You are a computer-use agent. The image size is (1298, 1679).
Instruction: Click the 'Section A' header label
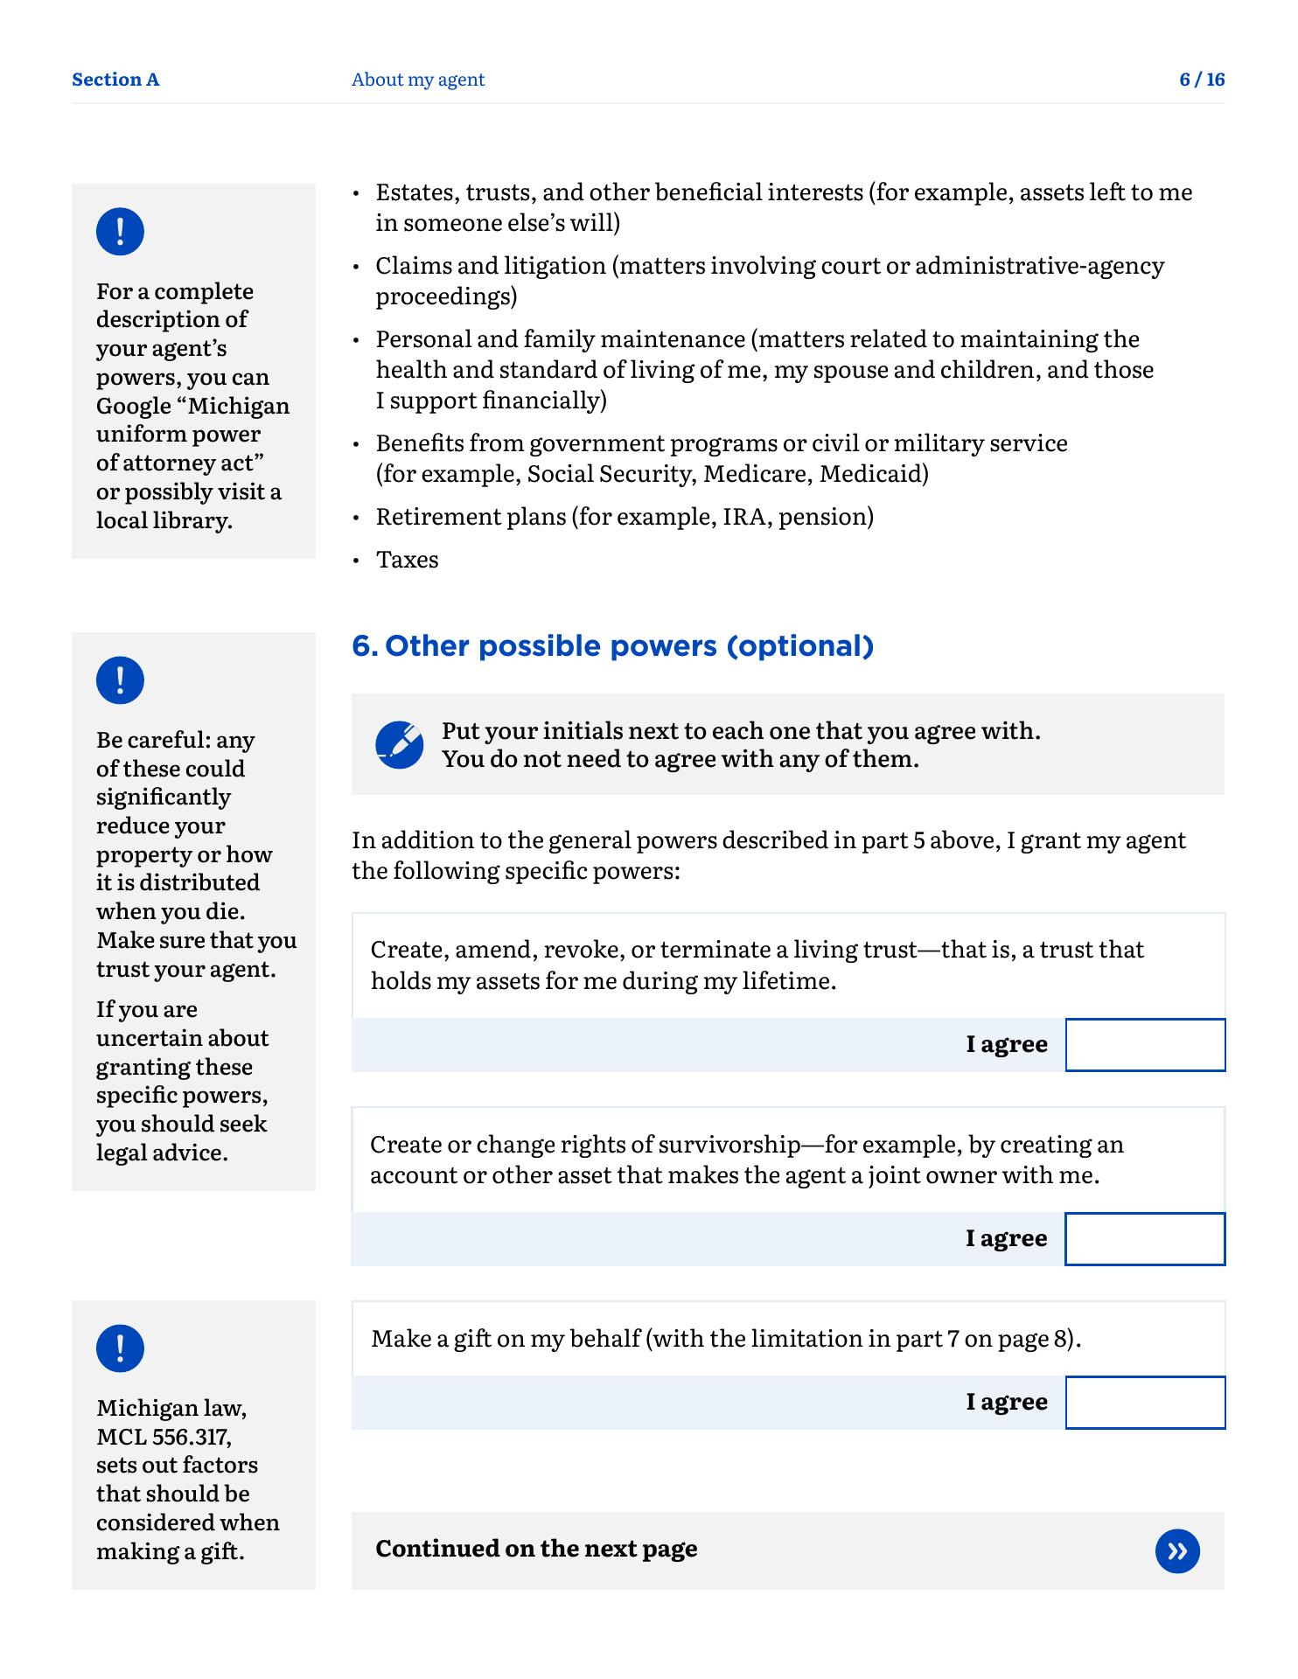115,80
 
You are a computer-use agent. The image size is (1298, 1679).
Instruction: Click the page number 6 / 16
1202,80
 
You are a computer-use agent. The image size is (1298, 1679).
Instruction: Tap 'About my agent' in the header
417,80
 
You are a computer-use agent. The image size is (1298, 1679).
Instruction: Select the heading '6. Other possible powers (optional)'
612,646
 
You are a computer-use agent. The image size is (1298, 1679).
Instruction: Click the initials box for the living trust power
1145,1045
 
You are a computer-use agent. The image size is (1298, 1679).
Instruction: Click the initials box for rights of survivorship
1145,1239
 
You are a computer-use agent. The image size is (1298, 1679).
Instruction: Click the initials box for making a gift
1145,1403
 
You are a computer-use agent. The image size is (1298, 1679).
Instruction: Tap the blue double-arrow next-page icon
1177,1551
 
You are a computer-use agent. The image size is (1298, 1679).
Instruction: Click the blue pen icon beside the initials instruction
400,745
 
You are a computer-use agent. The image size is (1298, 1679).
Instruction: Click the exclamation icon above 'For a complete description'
120,232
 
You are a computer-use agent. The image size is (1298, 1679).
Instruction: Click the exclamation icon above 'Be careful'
120,680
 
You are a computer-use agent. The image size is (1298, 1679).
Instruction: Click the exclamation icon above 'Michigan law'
120,1348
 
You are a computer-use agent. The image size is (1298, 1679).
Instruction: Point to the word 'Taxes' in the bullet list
407,560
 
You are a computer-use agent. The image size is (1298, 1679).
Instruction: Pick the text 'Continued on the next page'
536,1549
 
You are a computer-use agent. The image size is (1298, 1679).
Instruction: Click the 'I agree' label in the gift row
1007,1402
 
